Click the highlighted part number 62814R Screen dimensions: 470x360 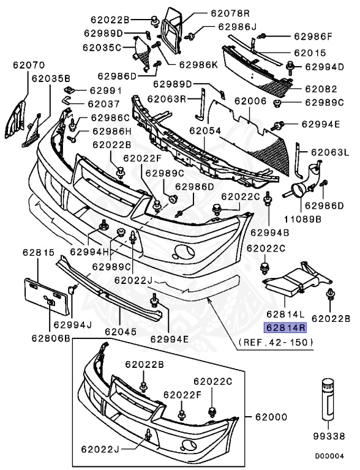tap(285, 327)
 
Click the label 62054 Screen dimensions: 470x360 tap(204, 130)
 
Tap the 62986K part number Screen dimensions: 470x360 tap(197, 64)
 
